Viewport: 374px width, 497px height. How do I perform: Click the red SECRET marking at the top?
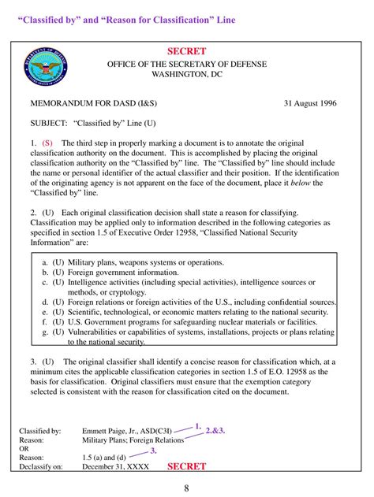(x=186, y=51)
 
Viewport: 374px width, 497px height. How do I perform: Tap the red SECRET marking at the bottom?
(x=186, y=466)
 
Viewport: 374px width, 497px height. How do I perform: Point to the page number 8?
(x=186, y=488)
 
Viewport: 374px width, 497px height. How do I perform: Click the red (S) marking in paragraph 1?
(x=48, y=143)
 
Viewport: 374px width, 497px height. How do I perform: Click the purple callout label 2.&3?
(x=215, y=431)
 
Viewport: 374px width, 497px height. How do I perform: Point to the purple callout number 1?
(x=198, y=425)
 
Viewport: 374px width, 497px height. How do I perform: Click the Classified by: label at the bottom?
(x=40, y=432)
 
